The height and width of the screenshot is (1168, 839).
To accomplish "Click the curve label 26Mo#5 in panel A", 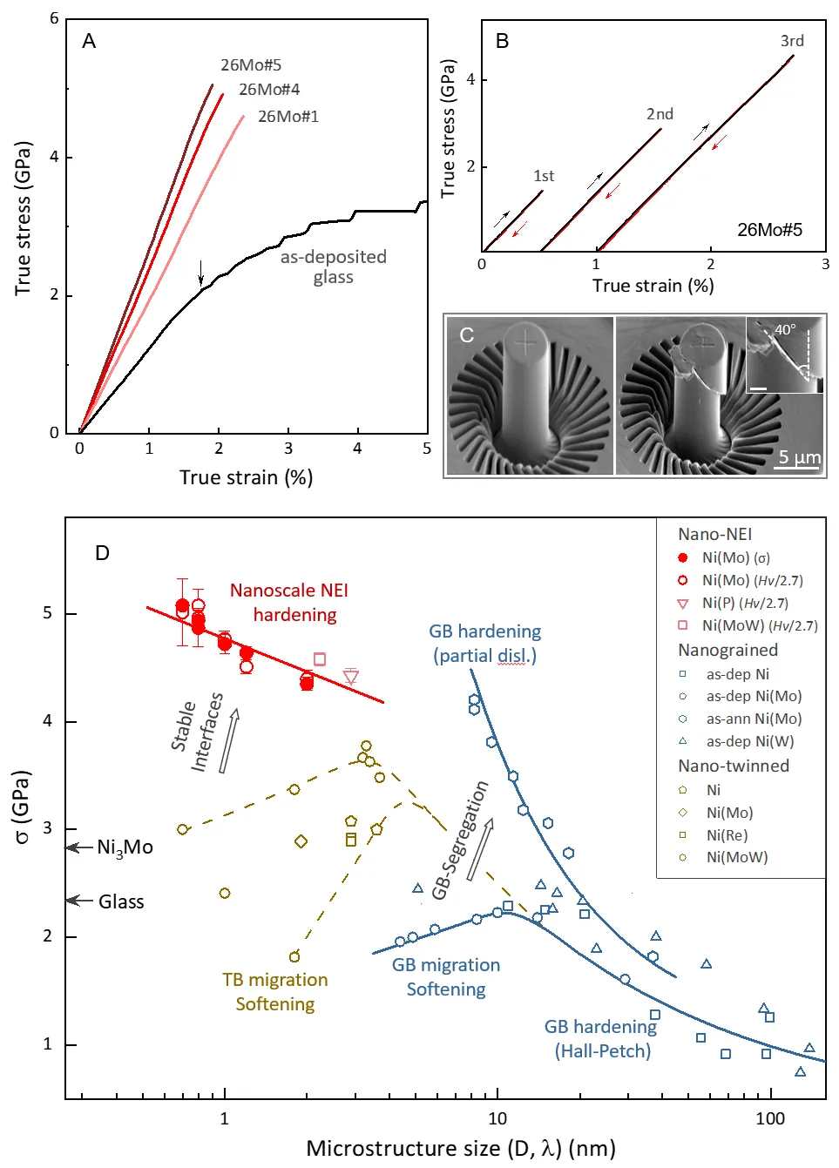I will point(251,65).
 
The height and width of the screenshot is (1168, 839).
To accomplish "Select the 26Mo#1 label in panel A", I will point(288,117).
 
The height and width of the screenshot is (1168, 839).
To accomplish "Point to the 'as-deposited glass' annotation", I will point(333,267).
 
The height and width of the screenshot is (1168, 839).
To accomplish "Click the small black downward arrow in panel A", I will point(201,273).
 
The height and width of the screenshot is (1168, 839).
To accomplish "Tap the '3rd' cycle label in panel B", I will point(792,41).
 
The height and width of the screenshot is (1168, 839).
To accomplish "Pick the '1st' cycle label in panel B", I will point(544,176).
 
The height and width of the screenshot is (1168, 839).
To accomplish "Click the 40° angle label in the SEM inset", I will point(785,330).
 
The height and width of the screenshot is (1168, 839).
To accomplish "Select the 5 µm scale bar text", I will point(799,457).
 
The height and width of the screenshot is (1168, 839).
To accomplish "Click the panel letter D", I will point(102,553).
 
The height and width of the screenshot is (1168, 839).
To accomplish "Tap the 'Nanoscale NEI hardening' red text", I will point(289,603).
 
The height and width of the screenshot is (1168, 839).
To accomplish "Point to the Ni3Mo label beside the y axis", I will point(125,847).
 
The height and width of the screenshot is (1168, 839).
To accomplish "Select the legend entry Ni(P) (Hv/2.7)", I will point(745,603).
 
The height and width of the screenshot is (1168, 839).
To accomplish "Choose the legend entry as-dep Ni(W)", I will point(750,741).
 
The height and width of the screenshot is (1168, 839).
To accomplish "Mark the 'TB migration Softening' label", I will point(275,992).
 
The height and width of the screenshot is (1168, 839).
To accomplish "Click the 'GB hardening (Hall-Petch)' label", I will point(601,1038).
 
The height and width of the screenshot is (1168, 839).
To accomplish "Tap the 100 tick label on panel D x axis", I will point(769,1119).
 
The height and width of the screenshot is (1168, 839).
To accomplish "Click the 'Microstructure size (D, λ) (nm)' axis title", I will point(461,1148).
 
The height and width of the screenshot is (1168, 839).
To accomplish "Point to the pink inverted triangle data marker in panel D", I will point(351,676).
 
